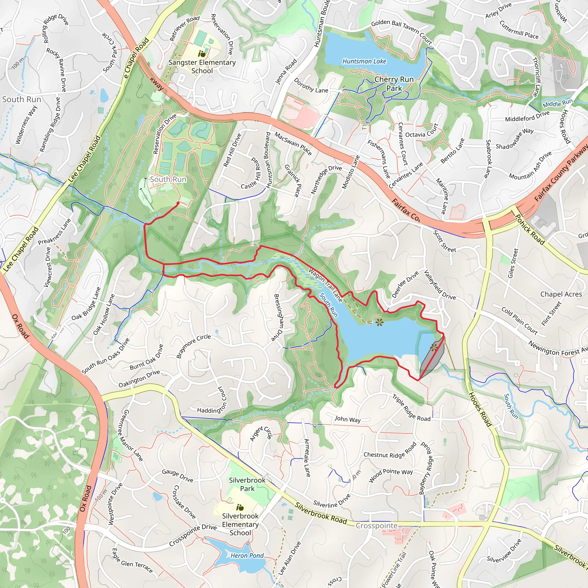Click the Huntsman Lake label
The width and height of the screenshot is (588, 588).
(364, 61)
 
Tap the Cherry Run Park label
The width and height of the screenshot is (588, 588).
(394, 84)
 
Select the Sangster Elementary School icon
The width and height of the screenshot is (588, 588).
(202, 54)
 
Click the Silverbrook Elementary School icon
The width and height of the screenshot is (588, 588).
(240, 507)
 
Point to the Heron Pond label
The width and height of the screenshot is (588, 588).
(247, 556)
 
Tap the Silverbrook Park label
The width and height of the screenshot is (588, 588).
(247, 484)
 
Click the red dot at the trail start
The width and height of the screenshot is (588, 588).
(178, 203)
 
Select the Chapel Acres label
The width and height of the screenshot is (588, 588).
(561, 294)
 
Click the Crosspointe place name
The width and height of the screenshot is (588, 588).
(377, 526)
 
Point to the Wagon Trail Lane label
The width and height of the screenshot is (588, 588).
(325, 285)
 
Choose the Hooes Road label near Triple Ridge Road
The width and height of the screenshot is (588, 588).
(480, 410)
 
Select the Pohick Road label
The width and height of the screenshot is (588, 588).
(529, 229)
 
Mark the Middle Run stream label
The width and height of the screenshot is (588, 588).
(558, 103)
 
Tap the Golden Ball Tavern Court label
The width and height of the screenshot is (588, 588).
(401, 32)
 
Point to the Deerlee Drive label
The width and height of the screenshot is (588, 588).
(405, 284)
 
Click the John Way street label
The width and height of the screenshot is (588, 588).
(347, 419)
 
